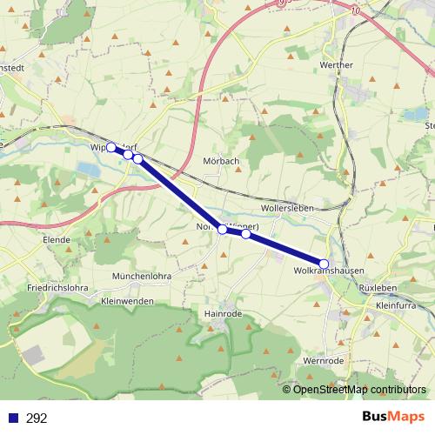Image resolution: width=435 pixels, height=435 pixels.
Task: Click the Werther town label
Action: coord(337,65)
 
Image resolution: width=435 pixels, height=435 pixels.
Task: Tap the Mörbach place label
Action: coord(220,162)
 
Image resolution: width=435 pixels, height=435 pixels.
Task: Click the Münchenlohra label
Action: coord(141,276)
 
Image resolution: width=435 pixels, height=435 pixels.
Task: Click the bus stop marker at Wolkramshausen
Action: coord(325,264)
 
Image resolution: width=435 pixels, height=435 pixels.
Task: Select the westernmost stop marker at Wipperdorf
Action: coord(110,147)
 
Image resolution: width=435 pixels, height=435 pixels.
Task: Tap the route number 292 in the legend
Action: coord(37,418)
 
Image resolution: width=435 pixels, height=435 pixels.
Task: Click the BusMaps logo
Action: coord(395,418)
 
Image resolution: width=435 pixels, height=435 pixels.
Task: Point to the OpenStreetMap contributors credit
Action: coord(359,389)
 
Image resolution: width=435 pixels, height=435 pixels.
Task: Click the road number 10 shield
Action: coord(355,10)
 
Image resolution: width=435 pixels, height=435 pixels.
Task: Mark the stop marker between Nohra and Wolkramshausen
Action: coord(246,234)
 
